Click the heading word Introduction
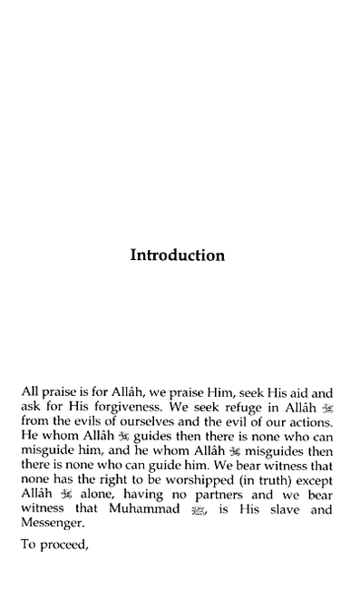point(178,256)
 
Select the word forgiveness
point(124,407)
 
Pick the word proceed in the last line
point(65,545)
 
